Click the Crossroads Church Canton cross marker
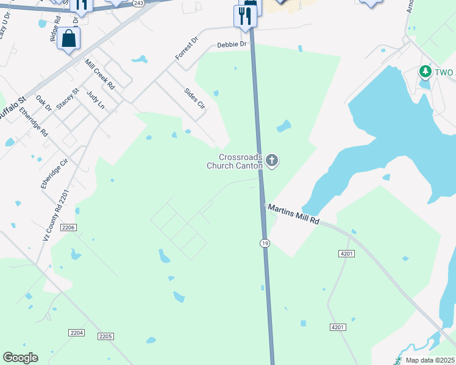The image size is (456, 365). tap(272, 161)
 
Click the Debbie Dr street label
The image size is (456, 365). tap(232, 45)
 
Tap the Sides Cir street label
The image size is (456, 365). tap(195, 99)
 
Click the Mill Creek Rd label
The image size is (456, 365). tap(100, 75)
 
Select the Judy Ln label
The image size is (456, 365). tap(96, 100)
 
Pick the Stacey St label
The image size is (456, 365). tap(68, 99)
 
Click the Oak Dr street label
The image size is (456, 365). tap(43, 103)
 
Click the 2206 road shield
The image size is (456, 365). tap(68, 228)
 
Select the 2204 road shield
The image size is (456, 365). tap(76, 333)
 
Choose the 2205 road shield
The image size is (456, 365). tap(105, 336)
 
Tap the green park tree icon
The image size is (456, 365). tap(425, 72)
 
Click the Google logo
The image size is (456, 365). tap(21, 357)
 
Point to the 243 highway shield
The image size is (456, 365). tap(138, 3)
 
